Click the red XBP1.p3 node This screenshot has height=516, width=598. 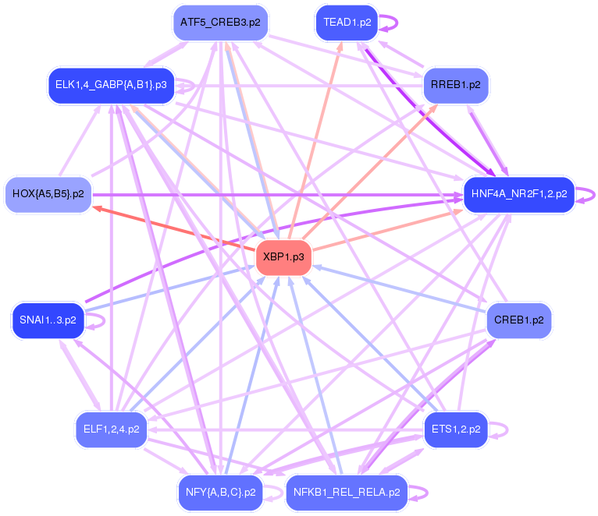[x=284, y=256]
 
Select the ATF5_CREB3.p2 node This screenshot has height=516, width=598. [x=220, y=23]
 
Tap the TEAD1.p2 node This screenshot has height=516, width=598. [x=347, y=23]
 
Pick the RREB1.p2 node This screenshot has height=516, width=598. [x=455, y=84]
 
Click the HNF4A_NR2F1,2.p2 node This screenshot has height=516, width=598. [x=518, y=193]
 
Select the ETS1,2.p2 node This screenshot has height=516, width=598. [x=455, y=429]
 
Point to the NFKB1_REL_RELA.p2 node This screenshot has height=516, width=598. [x=347, y=493]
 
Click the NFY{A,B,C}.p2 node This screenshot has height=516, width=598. [x=220, y=493]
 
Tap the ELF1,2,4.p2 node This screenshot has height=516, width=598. [x=111, y=429]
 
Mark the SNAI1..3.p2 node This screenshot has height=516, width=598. [x=48, y=320]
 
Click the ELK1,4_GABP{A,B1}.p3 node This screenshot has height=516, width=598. [x=111, y=84]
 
